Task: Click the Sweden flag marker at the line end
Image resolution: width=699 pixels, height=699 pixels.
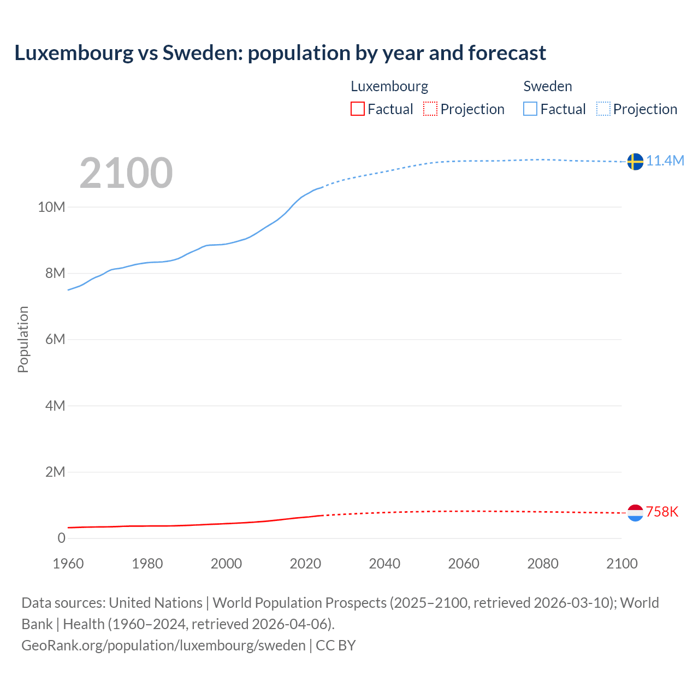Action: coord(635,162)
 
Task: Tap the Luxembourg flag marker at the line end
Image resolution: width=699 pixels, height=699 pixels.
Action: coord(635,513)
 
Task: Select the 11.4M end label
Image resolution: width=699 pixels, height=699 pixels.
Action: coord(665,161)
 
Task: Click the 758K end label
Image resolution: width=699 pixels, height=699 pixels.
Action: coord(662,512)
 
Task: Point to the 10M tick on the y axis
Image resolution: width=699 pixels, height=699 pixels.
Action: coord(51,207)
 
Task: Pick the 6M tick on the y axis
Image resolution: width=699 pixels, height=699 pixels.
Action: coord(55,339)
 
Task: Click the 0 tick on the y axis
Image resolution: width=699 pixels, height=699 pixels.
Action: coord(61,538)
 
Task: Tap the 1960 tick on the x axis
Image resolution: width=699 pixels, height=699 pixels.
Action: coord(68,564)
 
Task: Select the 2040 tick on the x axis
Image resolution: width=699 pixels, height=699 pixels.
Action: coord(384,564)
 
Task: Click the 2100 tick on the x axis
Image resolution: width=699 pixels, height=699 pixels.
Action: coord(621,564)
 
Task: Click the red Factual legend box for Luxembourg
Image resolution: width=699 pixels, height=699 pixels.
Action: coord(357,109)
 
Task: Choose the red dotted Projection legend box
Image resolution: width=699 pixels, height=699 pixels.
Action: coord(430,109)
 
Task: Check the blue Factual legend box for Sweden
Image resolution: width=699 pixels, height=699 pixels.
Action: coord(530,109)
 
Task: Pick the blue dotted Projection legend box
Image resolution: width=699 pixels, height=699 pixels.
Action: coord(603,109)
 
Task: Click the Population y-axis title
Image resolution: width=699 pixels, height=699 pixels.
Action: coord(23,339)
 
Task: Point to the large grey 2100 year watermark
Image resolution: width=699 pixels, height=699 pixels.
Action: coord(126,173)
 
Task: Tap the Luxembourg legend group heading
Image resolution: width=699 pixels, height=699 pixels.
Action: coord(389,86)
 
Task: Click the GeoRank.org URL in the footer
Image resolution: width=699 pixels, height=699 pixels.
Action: coord(163,645)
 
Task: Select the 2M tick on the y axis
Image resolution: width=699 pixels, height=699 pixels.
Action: coord(55,472)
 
